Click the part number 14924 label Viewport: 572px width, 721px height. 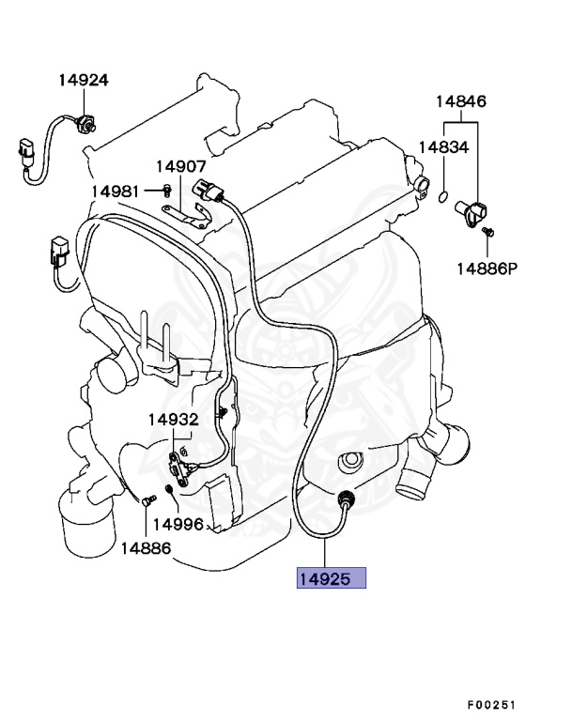83,81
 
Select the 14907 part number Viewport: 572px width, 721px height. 180,166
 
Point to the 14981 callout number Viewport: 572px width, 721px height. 115,192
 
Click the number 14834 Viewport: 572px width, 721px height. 442,147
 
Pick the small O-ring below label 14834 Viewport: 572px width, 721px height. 441,196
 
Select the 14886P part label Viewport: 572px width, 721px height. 487,268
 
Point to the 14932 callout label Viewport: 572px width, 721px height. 171,420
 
